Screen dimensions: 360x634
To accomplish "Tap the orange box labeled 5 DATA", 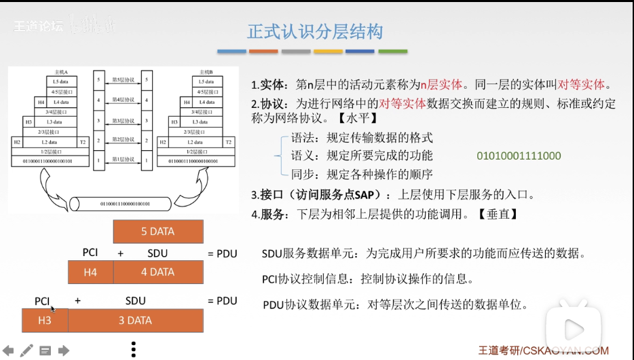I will click(157, 232).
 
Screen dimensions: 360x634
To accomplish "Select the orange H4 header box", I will click(90, 272).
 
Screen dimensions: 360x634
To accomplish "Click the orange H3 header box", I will click(45, 321).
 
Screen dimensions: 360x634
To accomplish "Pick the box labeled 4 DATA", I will click(157, 272).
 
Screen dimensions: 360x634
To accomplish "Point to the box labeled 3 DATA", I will click(135, 321).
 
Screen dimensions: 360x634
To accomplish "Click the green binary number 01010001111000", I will click(519, 156).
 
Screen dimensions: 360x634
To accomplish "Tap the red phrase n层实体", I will click(442, 86).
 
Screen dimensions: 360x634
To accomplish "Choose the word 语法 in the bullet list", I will click(303, 138).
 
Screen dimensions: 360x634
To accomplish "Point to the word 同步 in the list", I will click(303, 174).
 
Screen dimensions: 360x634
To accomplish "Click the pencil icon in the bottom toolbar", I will click(26, 350).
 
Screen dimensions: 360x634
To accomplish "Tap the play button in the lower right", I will click(573, 330).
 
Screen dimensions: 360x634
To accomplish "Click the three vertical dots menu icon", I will click(134, 348).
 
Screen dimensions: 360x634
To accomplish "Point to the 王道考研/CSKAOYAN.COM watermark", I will click(543, 350).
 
